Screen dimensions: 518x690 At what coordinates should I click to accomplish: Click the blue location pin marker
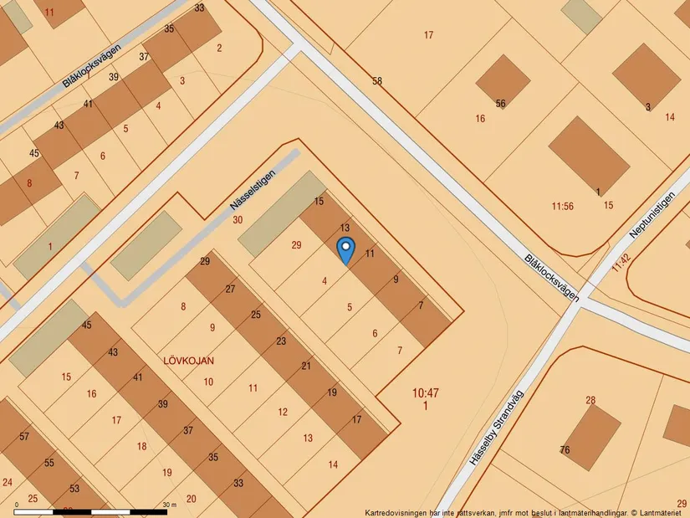click(345, 249)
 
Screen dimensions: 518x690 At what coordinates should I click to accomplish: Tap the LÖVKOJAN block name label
click(188, 361)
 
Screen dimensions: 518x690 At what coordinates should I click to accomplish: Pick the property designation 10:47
click(425, 392)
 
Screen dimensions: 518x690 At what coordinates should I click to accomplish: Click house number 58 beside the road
click(377, 81)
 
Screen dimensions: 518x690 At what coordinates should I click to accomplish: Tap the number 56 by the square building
click(501, 104)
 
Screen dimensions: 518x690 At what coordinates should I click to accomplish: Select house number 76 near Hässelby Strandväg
click(565, 451)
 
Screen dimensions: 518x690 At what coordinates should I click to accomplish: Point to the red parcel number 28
click(590, 401)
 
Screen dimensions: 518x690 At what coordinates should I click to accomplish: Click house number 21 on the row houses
click(306, 367)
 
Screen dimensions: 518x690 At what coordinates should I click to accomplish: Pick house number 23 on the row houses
click(281, 341)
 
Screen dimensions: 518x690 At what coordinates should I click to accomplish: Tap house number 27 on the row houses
click(230, 289)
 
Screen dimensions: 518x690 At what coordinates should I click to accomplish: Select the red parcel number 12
click(283, 412)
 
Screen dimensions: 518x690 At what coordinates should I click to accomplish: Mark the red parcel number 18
click(141, 447)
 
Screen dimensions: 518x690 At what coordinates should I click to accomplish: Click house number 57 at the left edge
click(23, 437)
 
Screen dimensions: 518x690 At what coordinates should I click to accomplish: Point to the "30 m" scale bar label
click(170, 505)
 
